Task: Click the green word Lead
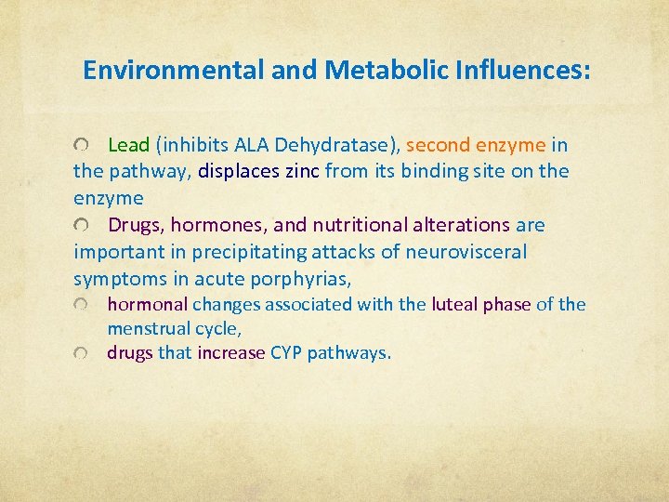pyautogui.click(x=129, y=145)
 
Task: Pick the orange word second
pyautogui.click(x=439, y=145)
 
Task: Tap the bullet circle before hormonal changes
pyautogui.click(x=84, y=305)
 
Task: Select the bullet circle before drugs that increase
pyautogui.click(x=84, y=353)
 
